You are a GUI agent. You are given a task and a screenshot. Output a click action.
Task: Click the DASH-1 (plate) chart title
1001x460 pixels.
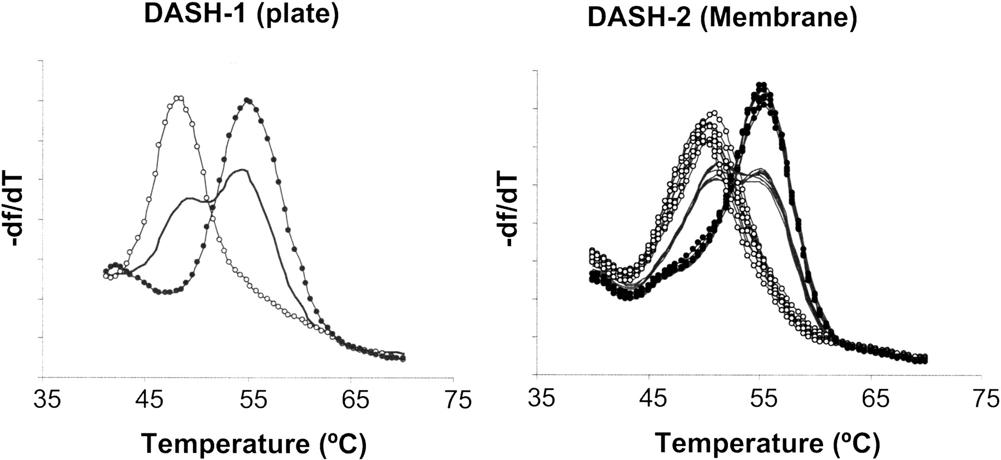click(x=241, y=15)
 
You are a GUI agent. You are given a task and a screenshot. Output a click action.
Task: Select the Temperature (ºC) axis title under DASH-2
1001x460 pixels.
click(x=767, y=443)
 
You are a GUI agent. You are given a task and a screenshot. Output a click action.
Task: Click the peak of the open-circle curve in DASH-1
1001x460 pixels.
click(x=178, y=98)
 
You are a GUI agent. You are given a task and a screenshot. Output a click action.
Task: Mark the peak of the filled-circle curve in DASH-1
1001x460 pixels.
click(x=247, y=101)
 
